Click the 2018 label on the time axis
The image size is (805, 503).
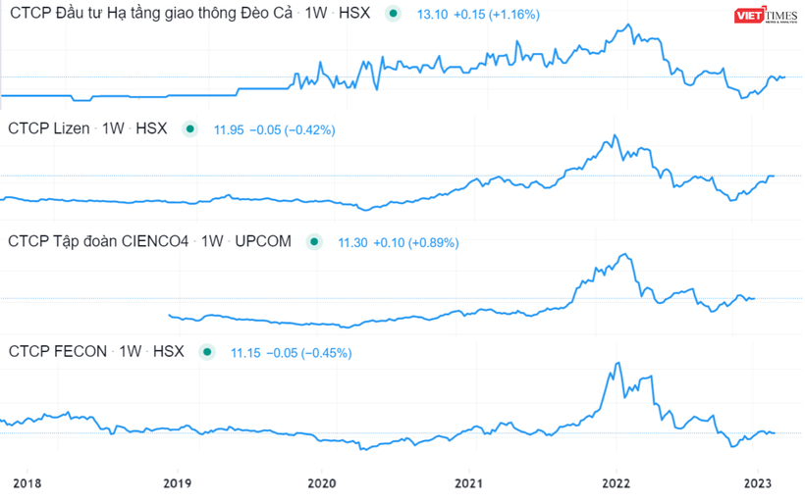[27, 482]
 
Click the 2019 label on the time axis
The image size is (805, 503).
[176, 482]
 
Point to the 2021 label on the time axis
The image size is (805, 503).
[470, 482]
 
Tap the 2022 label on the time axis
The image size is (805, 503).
[617, 482]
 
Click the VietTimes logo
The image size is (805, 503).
[769, 17]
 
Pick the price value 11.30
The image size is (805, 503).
[353, 242]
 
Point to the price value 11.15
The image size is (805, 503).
[245, 352]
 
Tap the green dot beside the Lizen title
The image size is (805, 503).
[190, 128]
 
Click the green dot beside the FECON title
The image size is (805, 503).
[206, 351]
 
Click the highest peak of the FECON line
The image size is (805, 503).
[617, 363]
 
